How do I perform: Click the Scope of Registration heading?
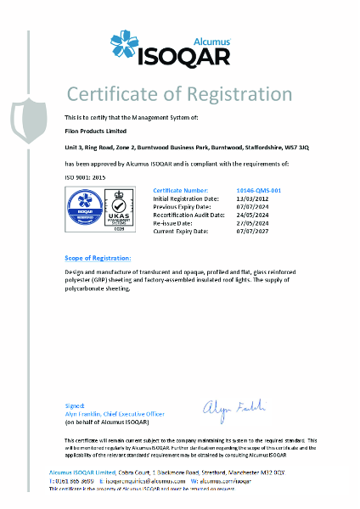click(98, 257)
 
